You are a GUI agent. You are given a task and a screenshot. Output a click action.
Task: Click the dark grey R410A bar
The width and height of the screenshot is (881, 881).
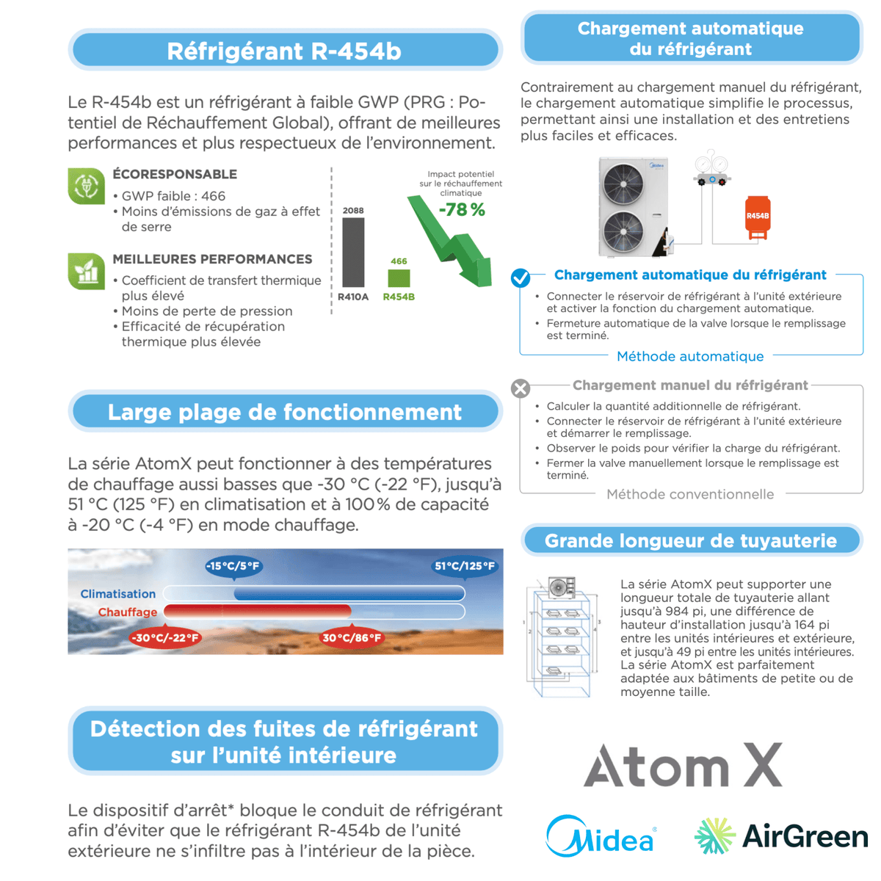point(353,252)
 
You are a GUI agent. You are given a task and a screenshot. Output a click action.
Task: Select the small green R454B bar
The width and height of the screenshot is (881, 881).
point(399,278)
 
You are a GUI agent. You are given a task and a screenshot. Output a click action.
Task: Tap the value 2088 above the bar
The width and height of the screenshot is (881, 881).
point(353,211)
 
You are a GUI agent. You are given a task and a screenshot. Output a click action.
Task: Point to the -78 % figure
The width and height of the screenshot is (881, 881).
point(462,210)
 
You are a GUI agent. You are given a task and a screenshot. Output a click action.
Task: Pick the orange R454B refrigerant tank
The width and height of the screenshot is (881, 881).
point(758,217)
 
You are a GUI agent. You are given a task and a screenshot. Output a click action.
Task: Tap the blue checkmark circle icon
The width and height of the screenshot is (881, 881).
point(521,277)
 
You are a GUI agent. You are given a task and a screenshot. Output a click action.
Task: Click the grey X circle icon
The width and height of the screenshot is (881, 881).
point(521,388)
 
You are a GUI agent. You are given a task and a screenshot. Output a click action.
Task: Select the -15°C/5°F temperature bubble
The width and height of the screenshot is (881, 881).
point(233,566)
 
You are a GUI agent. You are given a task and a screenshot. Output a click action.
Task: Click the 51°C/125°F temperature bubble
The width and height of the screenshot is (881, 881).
point(465,566)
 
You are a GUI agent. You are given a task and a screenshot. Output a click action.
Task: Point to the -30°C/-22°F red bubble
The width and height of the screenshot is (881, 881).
point(164,638)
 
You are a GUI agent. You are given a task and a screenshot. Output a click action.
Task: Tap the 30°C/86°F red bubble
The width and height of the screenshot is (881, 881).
point(352,638)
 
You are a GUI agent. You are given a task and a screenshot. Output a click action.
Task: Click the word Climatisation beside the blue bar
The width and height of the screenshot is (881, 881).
point(118,594)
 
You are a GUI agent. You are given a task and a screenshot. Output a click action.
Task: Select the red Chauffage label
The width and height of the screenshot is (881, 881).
point(128,612)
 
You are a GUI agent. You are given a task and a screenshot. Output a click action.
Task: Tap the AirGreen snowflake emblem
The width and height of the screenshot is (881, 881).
point(714,836)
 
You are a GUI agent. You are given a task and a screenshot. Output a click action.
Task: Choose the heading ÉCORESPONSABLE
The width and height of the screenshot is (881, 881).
point(175,174)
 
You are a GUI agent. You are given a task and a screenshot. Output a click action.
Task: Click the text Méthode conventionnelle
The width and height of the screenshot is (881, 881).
point(690,494)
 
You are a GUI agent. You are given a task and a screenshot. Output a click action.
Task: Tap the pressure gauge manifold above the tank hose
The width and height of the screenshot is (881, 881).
point(711,170)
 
